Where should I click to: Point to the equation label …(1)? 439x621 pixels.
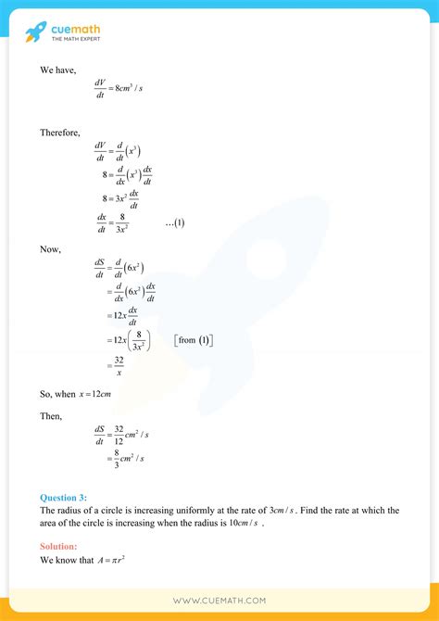[x=175, y=222]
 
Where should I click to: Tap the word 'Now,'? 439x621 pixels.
[x=50, y=250]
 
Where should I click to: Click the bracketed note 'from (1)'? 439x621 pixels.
[x=194, y=340]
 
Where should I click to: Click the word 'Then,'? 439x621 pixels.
[x=52, y=416]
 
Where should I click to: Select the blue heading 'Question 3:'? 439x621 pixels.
[x=63, y=498]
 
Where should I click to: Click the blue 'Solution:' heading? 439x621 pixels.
[x=59, y=547]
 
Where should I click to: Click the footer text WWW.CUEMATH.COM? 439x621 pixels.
[x=219, y=600]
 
